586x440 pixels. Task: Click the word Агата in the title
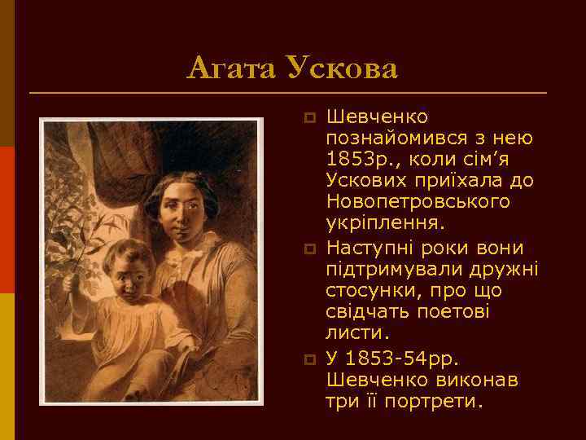(x=231, y=68)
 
